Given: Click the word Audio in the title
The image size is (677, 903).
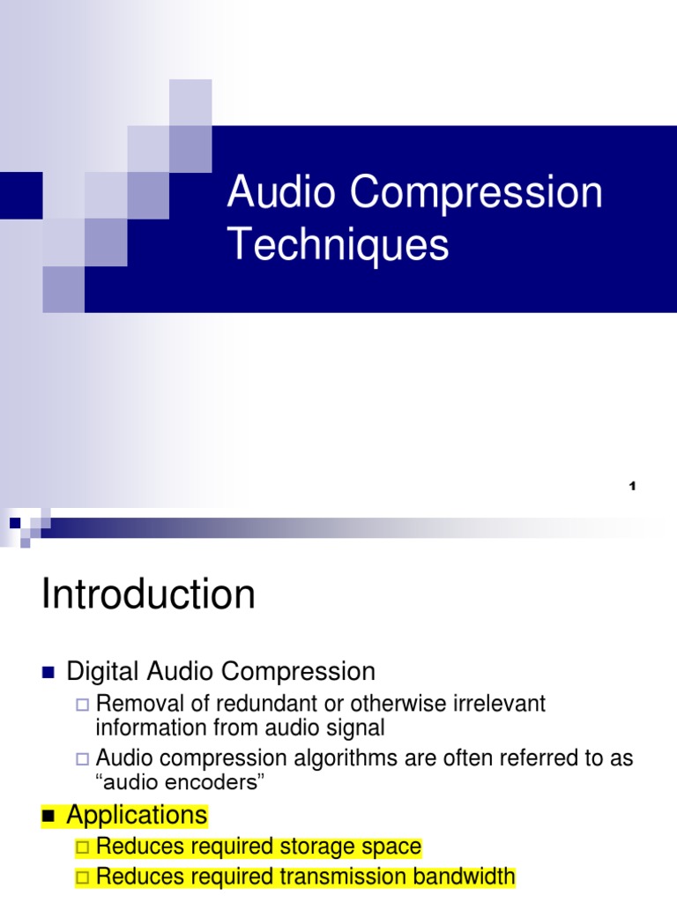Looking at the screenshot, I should coord(271,193).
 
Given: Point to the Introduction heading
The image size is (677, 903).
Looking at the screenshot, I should coord(148,594).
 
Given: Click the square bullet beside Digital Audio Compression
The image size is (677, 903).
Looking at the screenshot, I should coord(48,673).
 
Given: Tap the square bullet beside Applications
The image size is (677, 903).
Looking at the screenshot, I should coord(48,817).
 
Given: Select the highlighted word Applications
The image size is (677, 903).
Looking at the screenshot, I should coord(137,815).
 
